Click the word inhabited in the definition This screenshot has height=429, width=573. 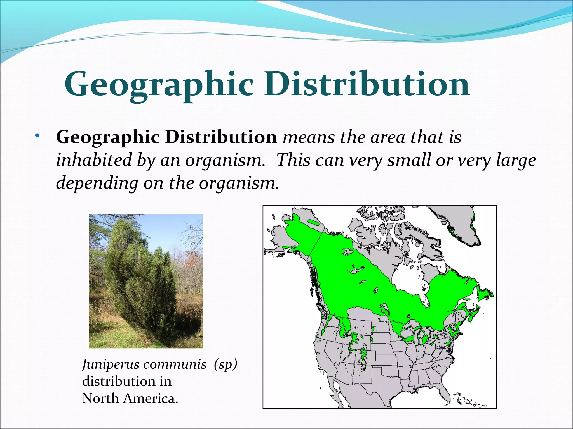(94, 160)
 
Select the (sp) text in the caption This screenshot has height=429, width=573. (225, 364)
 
